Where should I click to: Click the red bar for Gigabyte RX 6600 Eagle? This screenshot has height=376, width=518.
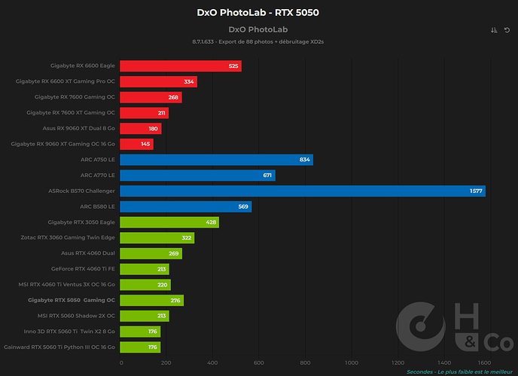pyautogui.click(x=181, y=66)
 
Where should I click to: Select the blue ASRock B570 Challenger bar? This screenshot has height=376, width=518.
pyautogui.click(x=303, y=191)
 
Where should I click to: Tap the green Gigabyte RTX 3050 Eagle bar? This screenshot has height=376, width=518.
pyautogui.click(x=169, y=222)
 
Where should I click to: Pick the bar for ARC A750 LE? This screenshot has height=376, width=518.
pyautogui.click(x=216, y=160)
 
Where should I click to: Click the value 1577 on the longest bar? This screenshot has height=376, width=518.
pyautogui.click(x=476, y=191)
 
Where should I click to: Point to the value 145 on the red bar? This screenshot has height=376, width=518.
pyautogui.click(x=145, y=144)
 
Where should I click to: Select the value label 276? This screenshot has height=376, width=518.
pyautogui.click(x=175, y=301)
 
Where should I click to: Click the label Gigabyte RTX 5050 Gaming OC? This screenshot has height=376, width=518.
pyautogui.click(x=72, y=300)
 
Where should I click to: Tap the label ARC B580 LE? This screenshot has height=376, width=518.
pyautogui.click(x=97, y=206)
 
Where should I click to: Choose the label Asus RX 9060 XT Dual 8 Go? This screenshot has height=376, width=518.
pyautogui.click(x=78, y=128)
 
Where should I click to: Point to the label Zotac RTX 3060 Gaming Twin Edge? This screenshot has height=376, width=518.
pyautogui.click(x=68, y=237)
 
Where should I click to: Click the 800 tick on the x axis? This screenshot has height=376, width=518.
pyautogui.click(x=305, y=362)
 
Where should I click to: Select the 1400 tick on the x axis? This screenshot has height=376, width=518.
pyautogui.click(x=444, y=362)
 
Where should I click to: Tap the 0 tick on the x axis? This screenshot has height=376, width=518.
pyautogui.click(x=121, y=362)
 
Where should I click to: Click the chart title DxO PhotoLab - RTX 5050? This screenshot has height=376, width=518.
pyautogui.click(x=258, y=13)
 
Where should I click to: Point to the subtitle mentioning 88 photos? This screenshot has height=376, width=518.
pyautogui.click(x=258, y=41)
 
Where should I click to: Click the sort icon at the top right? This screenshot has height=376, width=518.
pyautogui.click(x=494, y=30)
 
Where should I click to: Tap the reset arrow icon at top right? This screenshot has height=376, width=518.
pyautogui.click(x=507, y=30)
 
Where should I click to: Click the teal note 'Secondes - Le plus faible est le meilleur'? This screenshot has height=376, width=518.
pyautogui.click(x=459, y=372)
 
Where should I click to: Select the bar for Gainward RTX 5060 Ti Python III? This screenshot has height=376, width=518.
pyautogui.click(x=140, y=347)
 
